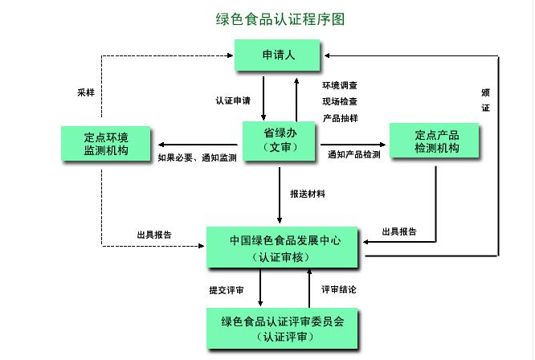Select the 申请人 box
(x=278, y=55)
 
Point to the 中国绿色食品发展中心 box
(x=284, y=247)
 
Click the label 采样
(x=85, y=92)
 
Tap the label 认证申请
(x=232, y=101)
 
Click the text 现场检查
(x=340, y=101)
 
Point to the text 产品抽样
(x=340, y=118)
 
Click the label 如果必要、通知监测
(x=197, y=157)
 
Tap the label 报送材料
(x=308, y=194)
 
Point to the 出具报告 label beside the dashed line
(x=153, y=235)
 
